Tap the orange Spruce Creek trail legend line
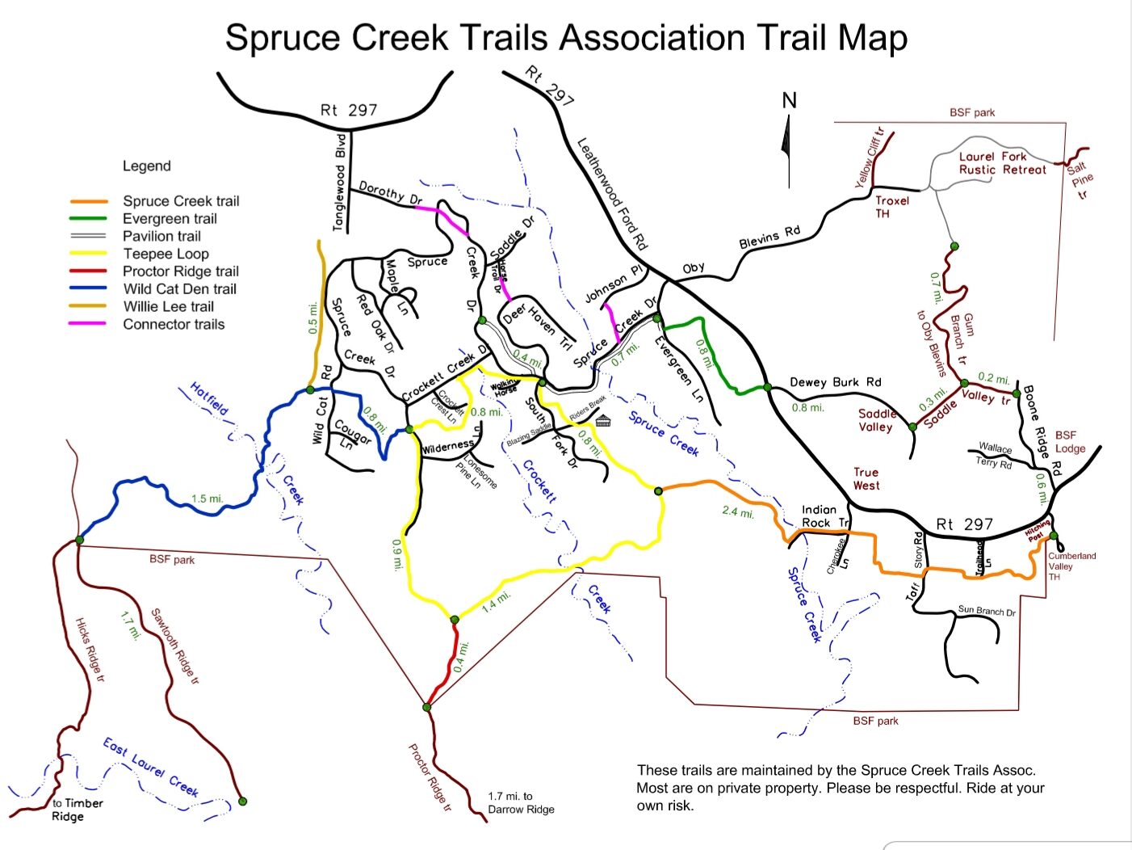pos(89,201)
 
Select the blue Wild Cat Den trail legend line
pos(89,288)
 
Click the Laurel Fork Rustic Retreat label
pos(1002,163)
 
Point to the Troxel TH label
pos(891,207)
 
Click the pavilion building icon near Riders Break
pos(603,420)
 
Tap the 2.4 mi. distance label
pos(738,511)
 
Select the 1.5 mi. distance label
pos(207,499)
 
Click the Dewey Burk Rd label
pos(835,382)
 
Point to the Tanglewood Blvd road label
pos(340,182)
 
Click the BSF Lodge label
pos(1070,442)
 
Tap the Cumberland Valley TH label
pos(1071,566)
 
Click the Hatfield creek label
pos(209,399)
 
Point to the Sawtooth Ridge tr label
pos(174,646)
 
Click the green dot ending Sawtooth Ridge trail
pos(242,802)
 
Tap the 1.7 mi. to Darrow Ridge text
pos(521,802)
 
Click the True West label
pos(866,478)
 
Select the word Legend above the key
pos(146,166)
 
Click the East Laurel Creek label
pos(150,766)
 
